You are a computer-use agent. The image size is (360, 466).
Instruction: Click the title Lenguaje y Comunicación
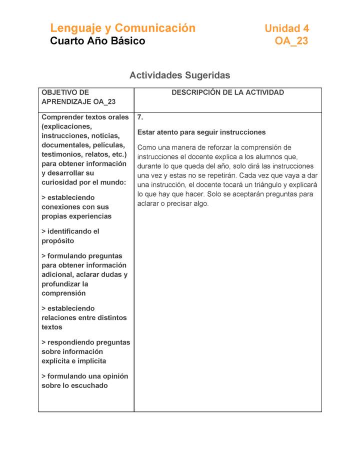tap(122, 28)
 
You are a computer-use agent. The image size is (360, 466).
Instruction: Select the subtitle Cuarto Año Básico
tap(97, 41)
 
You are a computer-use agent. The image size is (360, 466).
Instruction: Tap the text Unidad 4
tap(286, 28)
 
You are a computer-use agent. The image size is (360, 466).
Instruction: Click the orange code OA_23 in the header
tap(291, 41)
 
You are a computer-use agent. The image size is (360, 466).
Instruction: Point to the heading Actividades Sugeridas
tap(179, 75)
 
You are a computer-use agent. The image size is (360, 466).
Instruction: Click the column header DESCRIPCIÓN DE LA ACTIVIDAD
tap(227, 92)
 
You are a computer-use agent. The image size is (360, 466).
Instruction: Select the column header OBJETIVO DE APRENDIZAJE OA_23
tap(78, 97)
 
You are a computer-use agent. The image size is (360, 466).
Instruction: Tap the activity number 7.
tap(140, 117)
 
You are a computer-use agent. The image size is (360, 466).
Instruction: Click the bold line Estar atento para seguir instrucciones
tap(201, 132)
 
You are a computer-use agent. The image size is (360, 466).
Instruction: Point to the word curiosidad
tap(61, 182)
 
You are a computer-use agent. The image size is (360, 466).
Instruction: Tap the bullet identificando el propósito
tap(70, 236)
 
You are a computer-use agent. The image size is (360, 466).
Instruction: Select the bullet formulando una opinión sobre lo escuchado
tap(84, 380)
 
